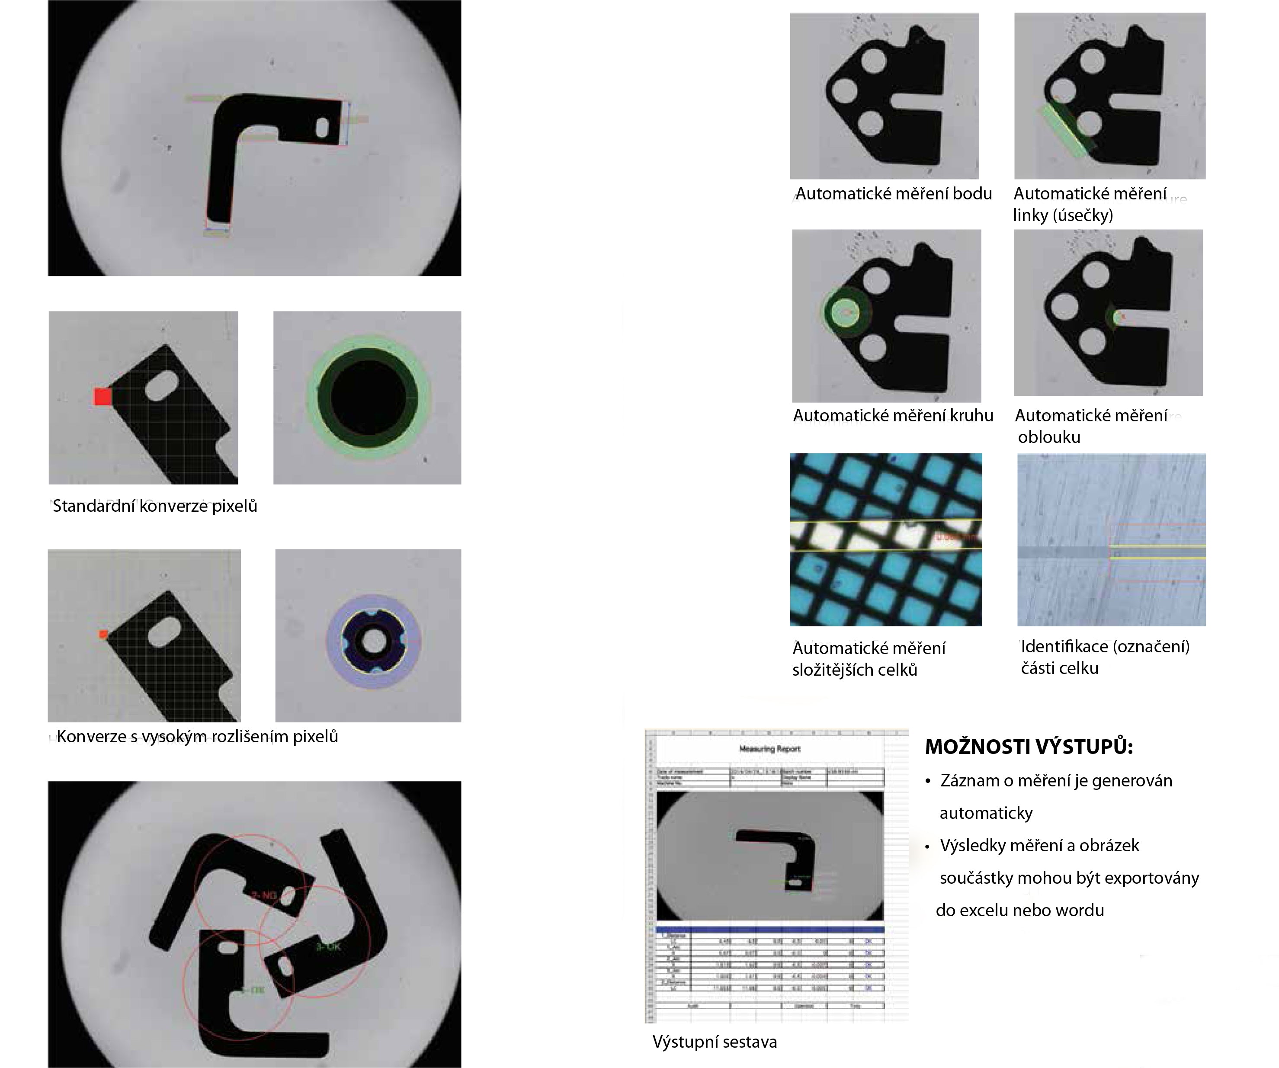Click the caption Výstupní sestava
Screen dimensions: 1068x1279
(715, 1042)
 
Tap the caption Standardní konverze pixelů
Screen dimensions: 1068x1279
(155, 506)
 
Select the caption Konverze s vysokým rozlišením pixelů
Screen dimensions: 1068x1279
(197, 737)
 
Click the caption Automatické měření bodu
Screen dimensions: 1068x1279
(894, 194)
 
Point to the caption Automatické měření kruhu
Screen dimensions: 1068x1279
(893, 416)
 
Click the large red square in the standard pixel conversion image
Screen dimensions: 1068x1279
(103, 397)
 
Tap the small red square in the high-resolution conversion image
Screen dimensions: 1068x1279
(103, 634)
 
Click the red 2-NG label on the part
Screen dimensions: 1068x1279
(264, 895)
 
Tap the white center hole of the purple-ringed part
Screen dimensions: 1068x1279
(373, 641)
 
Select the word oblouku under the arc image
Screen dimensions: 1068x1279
(1049, 437)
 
